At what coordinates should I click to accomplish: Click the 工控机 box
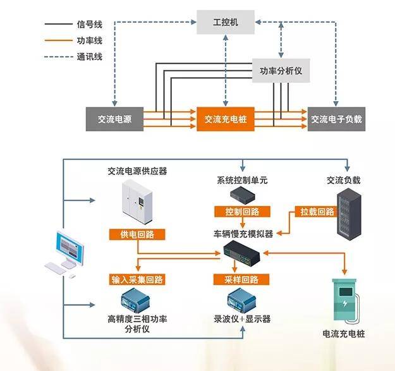click(x=226, y=22)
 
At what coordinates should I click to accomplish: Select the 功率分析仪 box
click(x=281, y=71)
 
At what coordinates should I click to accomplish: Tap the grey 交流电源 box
click(x=114, y=119)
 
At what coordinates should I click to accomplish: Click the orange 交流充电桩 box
click(x=226, y=119)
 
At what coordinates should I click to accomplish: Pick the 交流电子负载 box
click(x=336, y=119)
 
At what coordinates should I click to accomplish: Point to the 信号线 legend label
click(x=90, y=25)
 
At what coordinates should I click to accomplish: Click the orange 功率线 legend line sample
click(x=58, y=40)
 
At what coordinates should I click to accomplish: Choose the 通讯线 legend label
click(x=90, y=57)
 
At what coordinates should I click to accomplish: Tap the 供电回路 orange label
click(x=137, y=234)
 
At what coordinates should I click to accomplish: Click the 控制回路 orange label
click(x=242, y=212)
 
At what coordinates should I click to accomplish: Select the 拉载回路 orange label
click(x=317, y=212)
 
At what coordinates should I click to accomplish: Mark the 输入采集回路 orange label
click(x=137, y=279)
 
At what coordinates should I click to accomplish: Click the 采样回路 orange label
click(x=241, y=279)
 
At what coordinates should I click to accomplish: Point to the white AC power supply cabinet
click(x=137, y=202)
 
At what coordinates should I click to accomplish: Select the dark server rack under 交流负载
click(x=349, y=214)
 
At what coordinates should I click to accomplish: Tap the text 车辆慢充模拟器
click(x=243, y=234)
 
